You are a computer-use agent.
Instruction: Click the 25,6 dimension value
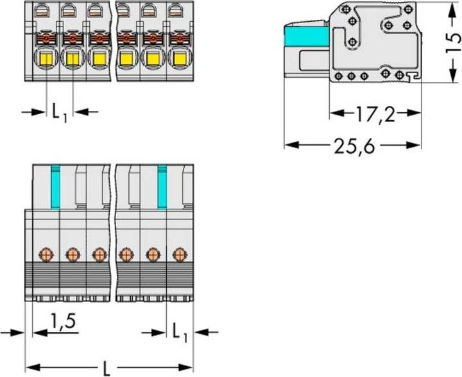point(354,146)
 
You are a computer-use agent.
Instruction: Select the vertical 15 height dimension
point(453,42)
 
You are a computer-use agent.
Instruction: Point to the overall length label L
point(106,368)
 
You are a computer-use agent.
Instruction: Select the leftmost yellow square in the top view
point(46,59)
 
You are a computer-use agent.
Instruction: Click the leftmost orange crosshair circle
point(46,255)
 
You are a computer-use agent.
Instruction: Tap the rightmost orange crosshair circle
point(179,255)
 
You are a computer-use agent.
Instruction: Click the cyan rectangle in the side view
point(307,37)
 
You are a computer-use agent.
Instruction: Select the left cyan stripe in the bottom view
point(56,187)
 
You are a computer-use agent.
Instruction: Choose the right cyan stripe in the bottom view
point(162,187)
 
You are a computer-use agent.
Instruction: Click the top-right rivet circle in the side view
point(408,9)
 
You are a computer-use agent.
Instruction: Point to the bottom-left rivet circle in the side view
point(339,76)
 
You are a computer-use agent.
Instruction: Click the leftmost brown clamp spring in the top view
point(46,38)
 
